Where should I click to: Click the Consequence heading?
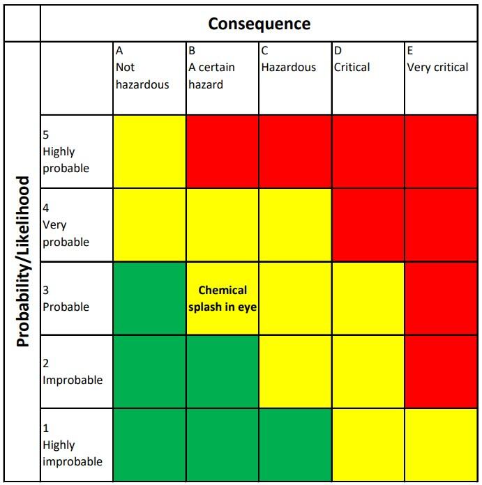click(259, 24)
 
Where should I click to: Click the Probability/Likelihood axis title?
click(23, 261)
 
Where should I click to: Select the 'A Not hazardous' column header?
click(142, 68)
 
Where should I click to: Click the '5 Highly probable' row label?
click(66, 152)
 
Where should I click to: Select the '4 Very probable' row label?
click(66, 225)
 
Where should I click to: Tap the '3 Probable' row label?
click(66, 298)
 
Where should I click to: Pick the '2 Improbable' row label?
click(73, 372)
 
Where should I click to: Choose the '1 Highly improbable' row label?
click(73, 445)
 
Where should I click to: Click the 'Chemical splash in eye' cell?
click(223, 298)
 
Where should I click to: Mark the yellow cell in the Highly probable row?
click(149, 152)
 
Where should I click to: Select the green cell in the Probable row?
click(149, 298)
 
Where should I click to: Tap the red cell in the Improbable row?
click(442, 371)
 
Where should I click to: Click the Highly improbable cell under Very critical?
click(442, 445)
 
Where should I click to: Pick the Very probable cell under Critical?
click(368, 225)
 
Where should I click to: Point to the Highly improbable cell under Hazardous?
click(295, 445)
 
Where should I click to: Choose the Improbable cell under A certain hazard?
click(223, 371)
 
